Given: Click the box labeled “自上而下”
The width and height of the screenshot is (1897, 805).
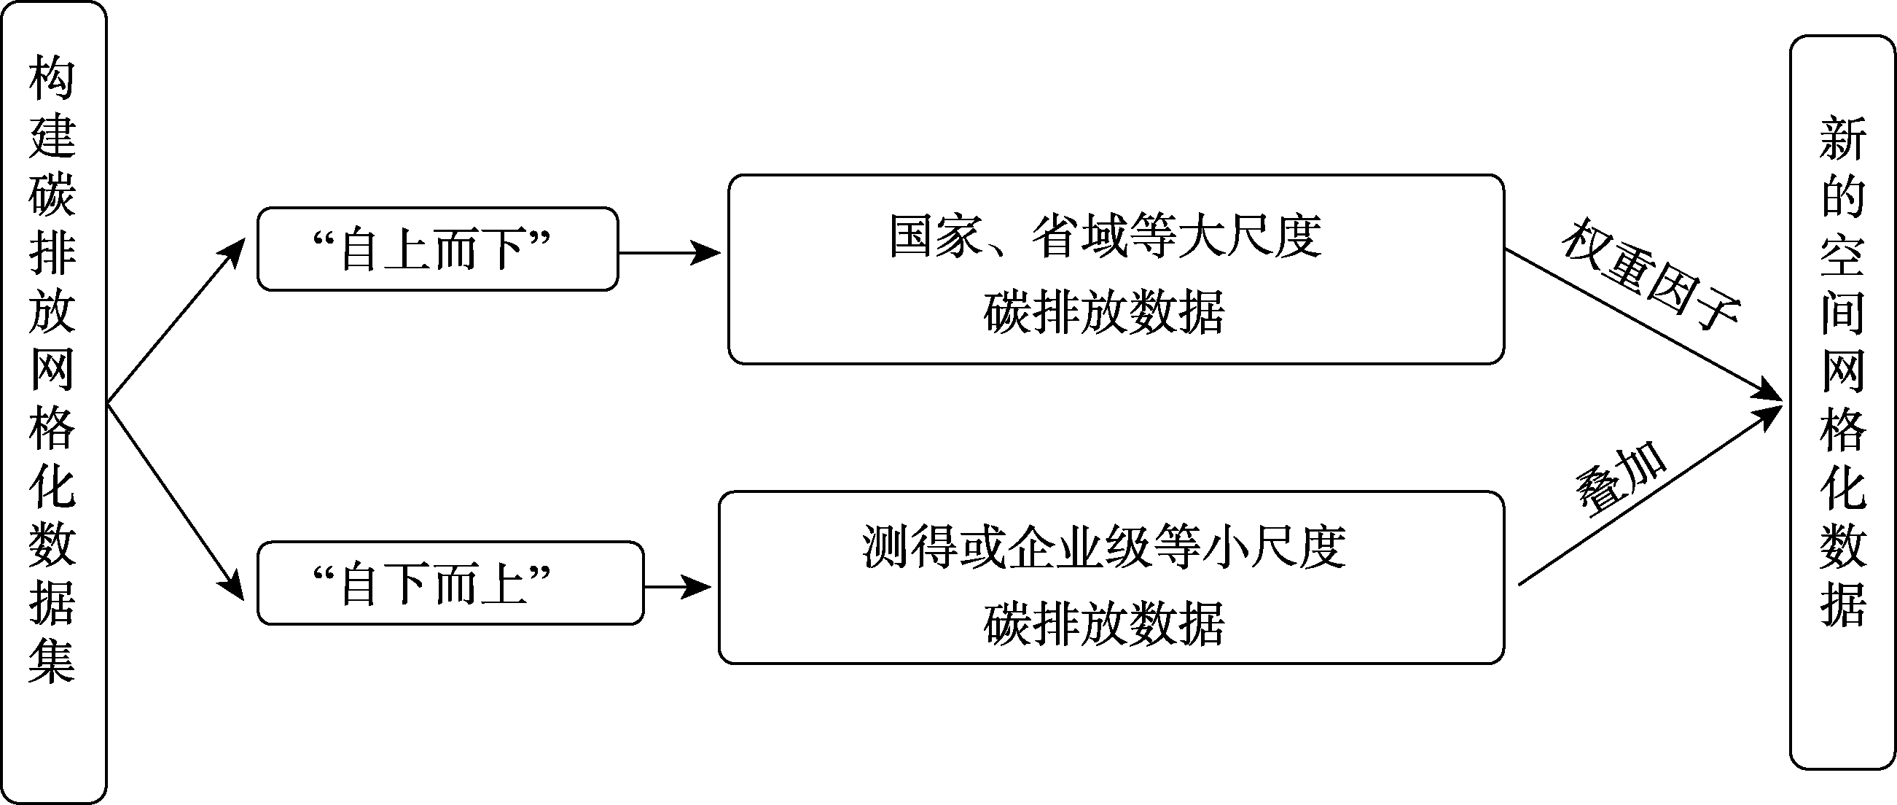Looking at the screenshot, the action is [x=437, y=249].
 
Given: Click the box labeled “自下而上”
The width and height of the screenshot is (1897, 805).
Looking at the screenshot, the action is [x=450, y=583].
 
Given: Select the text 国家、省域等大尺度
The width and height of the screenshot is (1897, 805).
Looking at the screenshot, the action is [x=1106, y=236].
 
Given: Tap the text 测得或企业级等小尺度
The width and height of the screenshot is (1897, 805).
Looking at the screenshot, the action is [x=1105, y=547].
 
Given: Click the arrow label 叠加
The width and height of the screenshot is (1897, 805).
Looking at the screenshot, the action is [x=1621, y=478].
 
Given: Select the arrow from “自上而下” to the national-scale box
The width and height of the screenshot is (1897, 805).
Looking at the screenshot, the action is [x=670, y=253].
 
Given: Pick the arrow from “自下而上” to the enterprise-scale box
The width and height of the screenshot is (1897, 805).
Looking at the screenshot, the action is [x=678, y=587].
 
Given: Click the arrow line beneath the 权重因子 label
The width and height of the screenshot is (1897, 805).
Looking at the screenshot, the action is [x=1643, y=326].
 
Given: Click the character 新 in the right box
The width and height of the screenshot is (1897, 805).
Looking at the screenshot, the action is [x=1842, y=139].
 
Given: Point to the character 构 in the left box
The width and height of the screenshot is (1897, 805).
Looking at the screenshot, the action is [x=52, y=77].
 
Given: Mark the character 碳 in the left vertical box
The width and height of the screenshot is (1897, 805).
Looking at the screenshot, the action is [x=52, y=194].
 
